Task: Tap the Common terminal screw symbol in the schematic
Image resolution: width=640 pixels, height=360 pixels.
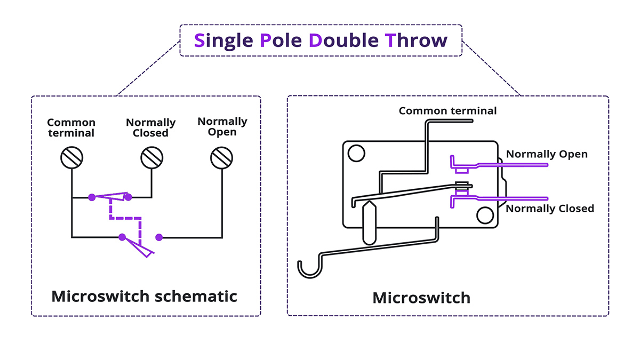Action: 71,158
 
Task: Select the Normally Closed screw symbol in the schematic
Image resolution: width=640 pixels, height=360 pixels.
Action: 151,158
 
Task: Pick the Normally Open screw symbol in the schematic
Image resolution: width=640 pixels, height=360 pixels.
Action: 222,158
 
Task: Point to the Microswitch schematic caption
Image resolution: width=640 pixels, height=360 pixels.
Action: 144,296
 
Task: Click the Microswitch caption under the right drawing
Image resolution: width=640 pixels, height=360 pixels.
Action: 421,297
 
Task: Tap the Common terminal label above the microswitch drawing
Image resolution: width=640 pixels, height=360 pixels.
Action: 447,111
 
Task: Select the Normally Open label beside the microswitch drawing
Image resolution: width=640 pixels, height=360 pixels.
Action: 547,154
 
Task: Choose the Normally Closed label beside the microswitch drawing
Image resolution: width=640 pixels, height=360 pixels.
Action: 550,208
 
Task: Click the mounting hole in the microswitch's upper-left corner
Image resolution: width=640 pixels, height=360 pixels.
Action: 354,154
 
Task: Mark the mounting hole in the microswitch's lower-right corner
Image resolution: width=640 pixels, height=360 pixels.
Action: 485,216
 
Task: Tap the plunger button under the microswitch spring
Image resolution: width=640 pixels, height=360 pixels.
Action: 369,221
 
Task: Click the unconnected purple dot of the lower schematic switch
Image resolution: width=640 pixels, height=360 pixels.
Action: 158,237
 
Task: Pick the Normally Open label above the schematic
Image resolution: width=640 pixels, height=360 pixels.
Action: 222,126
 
